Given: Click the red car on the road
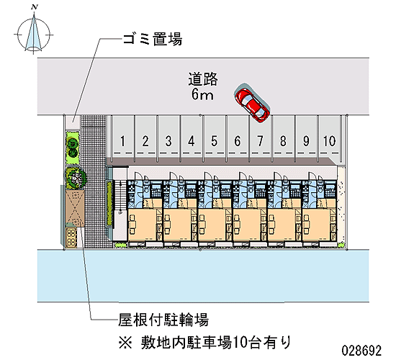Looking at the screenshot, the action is pyautogui.click(x=252, y=103).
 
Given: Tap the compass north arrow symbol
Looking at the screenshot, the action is pyautogui.click(x=34, y=34).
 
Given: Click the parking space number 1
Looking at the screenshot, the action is pyautogui.click(x=122, y=141).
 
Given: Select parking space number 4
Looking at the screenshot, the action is pyautogui.click(x=192, y=141).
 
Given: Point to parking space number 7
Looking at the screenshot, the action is pyautogui.click(x=260, y=141).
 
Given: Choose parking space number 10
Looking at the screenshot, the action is pyautogui.click(x=329, y=141).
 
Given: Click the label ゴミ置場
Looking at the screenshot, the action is pyautogui.click(x=153, y=40).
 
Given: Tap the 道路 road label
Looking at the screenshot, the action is pyautogui.click(x=203, y=78).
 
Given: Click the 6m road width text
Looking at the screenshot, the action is pyautogui.click(x=202, y=95).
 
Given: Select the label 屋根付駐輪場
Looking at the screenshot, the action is pyautogui.click(x=163, y=320).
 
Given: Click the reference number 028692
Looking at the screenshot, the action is pyautogui.click(x=361, y=351).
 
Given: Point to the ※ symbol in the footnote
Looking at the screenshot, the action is pyautogui.click(x=125, y=343).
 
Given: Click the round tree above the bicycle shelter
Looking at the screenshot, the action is pyautogui.click(x=75, y=178).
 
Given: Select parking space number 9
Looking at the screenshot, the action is pyautogui.click(x=306, y=141).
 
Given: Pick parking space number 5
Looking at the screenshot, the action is pyautogui.click(x=214, y=141).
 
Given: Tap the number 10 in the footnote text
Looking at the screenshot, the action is pyautogui.click(x=238, y=343).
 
